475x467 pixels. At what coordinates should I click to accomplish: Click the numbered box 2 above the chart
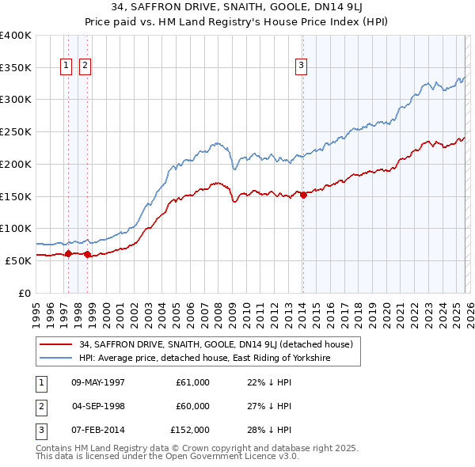84,66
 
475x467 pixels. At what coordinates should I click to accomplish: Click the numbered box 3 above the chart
302,66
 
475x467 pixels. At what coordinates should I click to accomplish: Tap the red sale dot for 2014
303,195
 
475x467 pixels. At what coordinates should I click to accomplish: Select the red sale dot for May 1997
68,253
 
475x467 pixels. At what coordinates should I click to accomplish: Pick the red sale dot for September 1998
87,254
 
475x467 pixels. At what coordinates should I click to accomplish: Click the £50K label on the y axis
18,260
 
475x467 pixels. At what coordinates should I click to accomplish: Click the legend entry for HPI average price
203,358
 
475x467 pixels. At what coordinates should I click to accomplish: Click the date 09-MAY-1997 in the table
97,382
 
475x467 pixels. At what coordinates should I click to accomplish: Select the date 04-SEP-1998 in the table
97,406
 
